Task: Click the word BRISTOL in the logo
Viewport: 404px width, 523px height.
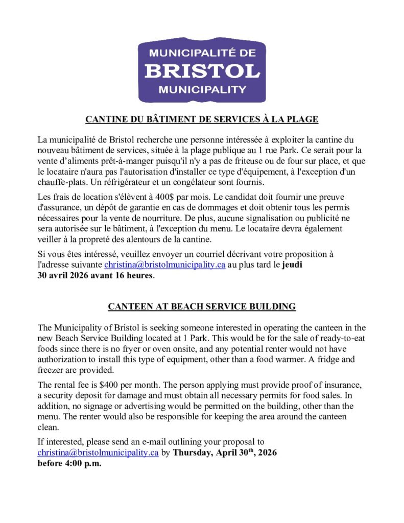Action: (x=202, y=70)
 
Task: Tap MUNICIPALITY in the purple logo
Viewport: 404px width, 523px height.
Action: (x=202, y=90)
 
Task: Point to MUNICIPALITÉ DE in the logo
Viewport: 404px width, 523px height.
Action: (x=202, y=53)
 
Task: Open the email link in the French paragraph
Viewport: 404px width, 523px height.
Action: (x=164, y=265)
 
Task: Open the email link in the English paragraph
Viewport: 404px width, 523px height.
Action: (x=98, y=453)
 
